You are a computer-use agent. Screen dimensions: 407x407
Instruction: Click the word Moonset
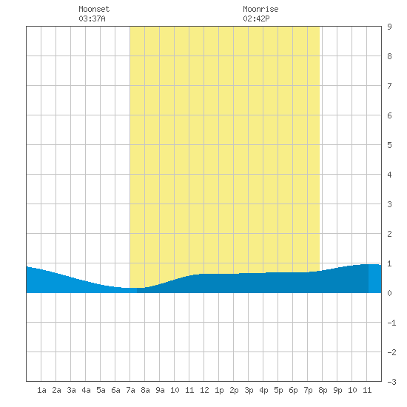(94, 9)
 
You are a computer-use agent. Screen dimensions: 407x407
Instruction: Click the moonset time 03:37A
(92, 18)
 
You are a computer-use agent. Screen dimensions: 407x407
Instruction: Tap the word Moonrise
(260, 9)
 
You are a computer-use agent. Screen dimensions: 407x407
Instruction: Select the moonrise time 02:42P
(256, 18)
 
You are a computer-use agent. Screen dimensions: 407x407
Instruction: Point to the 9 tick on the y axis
(389, 27)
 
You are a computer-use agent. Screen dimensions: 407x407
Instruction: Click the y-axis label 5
(389, 145)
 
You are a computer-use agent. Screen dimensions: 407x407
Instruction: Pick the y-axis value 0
(389, 293)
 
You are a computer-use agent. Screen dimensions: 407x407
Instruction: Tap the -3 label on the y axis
(391, 382)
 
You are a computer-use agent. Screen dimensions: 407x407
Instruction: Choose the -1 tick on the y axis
(391, 323)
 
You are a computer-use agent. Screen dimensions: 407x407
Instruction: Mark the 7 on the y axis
(389, 86)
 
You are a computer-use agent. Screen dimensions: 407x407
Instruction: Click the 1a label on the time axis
(41, 390)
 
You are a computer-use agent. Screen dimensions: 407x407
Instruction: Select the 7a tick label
(130, 390)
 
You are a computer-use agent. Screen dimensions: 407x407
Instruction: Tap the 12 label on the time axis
(204, 390)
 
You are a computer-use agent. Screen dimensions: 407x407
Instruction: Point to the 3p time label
(249, 390)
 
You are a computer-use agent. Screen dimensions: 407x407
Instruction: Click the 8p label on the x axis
(323, 390)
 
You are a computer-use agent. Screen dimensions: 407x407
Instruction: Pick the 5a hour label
(101, 390)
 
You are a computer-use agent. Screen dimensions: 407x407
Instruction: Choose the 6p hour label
(293, 390)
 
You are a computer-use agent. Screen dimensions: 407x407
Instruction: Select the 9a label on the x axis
(160, 390)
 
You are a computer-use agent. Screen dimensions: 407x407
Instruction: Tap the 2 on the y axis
(389, 234)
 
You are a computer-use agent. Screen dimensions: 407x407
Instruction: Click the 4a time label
(86, 390)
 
